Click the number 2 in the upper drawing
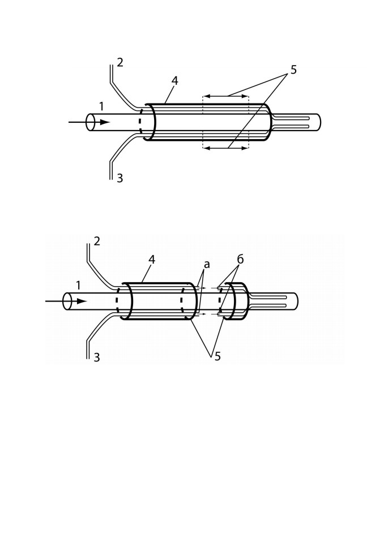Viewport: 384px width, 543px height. (120, 63)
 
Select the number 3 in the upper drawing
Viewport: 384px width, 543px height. (120, 178)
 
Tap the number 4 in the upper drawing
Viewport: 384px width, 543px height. (174, 81)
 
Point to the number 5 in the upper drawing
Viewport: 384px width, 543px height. (293, 70)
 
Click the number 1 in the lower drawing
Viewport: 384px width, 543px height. (78, 285)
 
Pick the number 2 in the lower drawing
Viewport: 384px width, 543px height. (97, 241)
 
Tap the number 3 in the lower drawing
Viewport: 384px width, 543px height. (97, 357)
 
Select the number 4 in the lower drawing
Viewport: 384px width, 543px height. (152, 260)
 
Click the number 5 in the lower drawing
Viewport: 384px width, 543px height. (217, 356)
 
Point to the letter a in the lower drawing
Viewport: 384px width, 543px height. (207, 265)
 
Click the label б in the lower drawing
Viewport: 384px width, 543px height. (240, 259)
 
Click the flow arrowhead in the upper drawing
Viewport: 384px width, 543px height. (105, 122)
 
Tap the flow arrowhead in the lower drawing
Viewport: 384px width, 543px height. (82, 301)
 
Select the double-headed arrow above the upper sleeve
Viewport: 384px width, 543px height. (225, 96)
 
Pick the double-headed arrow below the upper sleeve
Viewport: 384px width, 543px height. (225, 148)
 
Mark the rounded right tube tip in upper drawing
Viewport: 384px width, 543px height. (320, 122)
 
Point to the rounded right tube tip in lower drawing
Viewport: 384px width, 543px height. (297, 301)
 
